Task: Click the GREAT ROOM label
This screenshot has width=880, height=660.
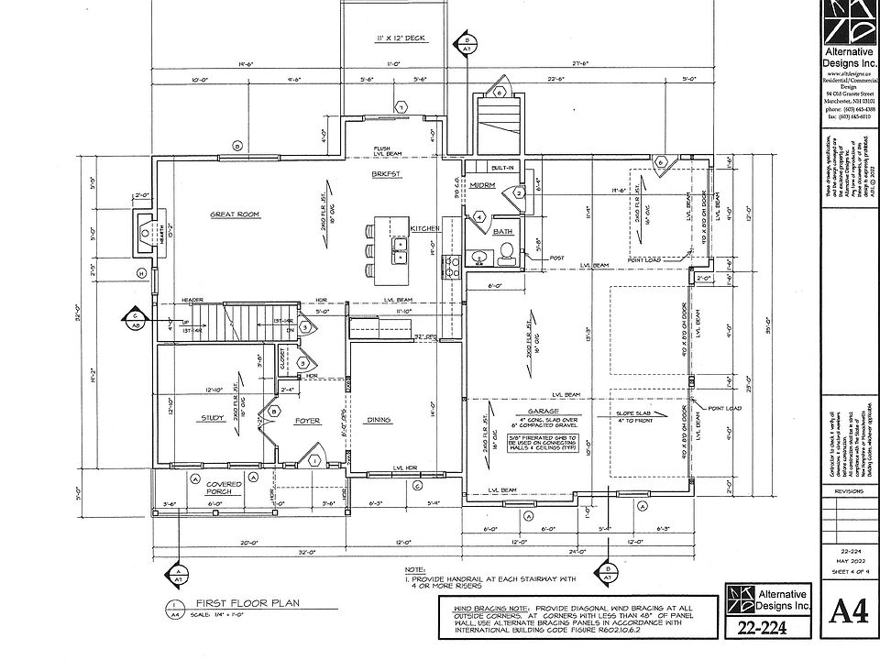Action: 236,214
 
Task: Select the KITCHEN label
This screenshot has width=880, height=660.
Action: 426,227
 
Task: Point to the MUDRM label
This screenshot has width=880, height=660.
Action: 482,184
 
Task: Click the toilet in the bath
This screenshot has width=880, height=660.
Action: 504,259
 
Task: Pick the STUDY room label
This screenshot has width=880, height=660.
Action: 213,419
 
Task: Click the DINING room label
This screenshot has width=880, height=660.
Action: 379,420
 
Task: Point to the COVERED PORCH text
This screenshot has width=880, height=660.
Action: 223,488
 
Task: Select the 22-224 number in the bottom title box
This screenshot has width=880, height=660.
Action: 755,629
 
